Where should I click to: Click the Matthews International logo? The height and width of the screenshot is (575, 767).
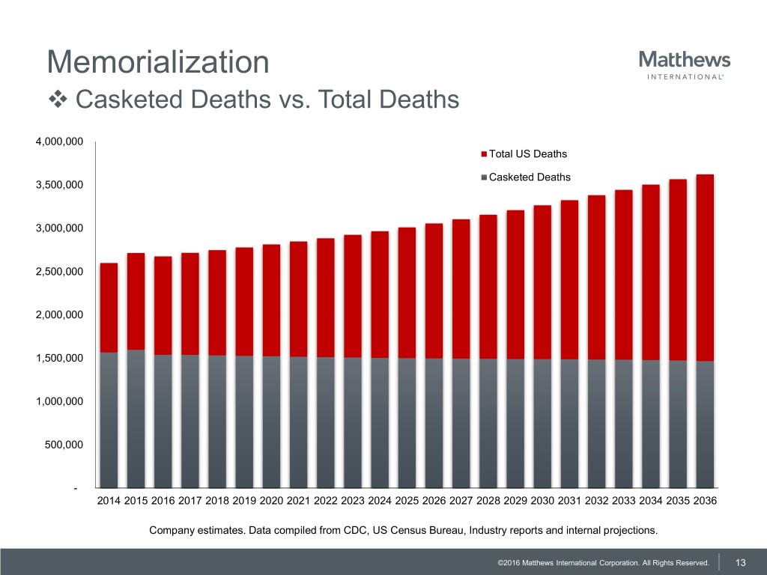pyautogui.click(x=685, y=64)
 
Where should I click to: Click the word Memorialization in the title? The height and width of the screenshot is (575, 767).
pyautogui.click(x=157, y=61)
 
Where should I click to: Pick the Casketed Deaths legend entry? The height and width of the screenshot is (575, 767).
pyautogui.click(x=529, y=177)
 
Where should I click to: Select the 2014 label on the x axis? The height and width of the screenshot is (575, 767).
pyautogui.click(x=109, y=502)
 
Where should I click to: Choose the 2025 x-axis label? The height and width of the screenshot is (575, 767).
pyautogui.click(x=407, y=502)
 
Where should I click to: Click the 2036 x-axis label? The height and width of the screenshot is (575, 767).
pyautogui.click(x=704, y=502)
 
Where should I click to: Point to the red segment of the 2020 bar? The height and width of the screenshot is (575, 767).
pyautogui.click(x=271, y=299)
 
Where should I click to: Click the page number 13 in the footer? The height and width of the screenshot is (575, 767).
pyautogui.click(x=742, y=562)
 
